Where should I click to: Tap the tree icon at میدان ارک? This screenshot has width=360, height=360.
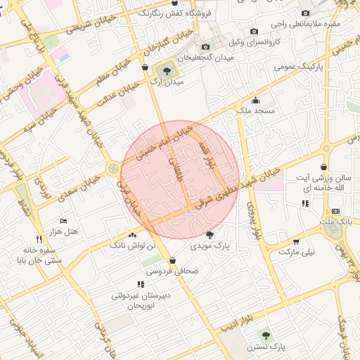(167, 70)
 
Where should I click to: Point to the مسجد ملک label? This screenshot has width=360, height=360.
(258, 111)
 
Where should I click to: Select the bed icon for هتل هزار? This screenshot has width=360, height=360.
(64, 221)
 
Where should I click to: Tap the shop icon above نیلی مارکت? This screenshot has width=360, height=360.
(296, 240)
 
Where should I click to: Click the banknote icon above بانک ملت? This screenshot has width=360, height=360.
(335, 210)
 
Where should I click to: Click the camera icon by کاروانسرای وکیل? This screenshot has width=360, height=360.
(255, 32)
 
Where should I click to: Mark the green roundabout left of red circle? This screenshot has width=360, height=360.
(113, 169)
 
